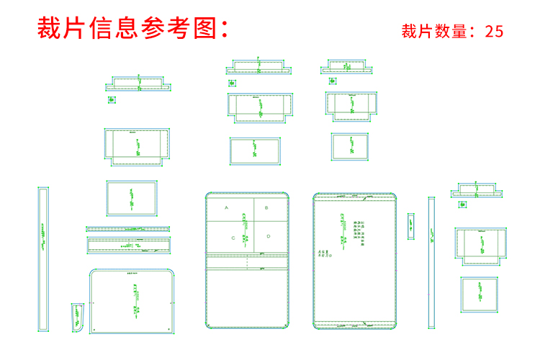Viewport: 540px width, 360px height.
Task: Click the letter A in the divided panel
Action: pyautogui.click(x=226, y=207)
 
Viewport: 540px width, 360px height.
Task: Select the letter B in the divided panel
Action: pyautogui.click(x=266, y=207)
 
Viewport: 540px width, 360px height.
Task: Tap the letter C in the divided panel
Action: pyautogui.click(x=233, y=237)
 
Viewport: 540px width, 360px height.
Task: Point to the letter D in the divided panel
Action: pyautogui.click(x=268, y=235)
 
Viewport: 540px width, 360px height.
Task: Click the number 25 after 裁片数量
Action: pyautogui.click(x=494, y=31)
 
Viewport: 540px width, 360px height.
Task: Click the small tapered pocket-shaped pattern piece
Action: pyautogui.click(x=77, y=318)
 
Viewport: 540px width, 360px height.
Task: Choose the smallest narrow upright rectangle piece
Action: pyautogui.click(x=411, y=226)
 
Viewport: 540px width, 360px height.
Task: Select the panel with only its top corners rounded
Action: pyautogui.click(x=133, y=301)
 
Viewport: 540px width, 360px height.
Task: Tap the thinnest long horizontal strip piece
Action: pyautogui.click(x=130, y=228)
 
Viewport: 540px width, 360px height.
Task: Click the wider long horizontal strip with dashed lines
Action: pyautogui.click(x=130, y=243)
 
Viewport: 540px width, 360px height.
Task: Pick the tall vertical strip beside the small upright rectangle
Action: pyautogui.click(x=431, y=263)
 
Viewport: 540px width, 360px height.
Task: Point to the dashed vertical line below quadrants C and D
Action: pyautogui.click(x=247, y=263)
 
